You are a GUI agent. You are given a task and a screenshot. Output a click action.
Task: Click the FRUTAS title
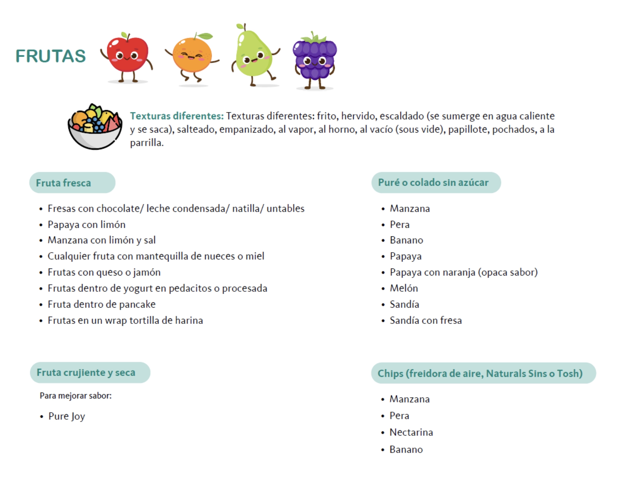pyautogui.click(x=51, y=56)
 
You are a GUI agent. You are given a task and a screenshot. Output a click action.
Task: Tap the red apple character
pyautogui.click(x=127, y=56)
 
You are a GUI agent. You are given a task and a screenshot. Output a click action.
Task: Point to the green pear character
pyautogui.click(x=254, y=55)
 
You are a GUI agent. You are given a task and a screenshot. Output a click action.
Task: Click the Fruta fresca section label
pyautogui.click(x=63, y=183)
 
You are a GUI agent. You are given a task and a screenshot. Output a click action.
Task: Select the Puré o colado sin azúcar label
pyautogui.click(x=433, y=183)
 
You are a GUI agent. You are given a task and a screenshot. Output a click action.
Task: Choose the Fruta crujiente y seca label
pyautogui.click(x=86, y=373)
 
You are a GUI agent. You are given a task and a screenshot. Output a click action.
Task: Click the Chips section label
pyautogui.click(x=480, y=374)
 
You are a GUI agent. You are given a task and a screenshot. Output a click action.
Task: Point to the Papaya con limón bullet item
pyautogui.click(x=87, y=225)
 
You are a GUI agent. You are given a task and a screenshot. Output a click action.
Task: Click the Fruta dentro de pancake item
pyautogui.click(x=102, y=304)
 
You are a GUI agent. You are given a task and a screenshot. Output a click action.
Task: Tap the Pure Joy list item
pyautogui.click(x=67, y=416)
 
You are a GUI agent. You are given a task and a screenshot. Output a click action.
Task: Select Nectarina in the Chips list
pyautogui.click(x=411, y=433)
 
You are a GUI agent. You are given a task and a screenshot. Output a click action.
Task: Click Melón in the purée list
pyautogui.click(x=404, y=288)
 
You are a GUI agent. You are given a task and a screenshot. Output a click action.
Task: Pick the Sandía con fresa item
pyautogui.click(x=426, y=321)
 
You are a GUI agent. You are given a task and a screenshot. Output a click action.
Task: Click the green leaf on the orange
pyautogui.click(x=205, y=36)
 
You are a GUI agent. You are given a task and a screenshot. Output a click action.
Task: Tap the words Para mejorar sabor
pyautogui.click(x=76, y=396)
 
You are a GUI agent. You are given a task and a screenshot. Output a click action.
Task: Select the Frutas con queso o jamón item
pyautogui.click(x=104, y=272)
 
